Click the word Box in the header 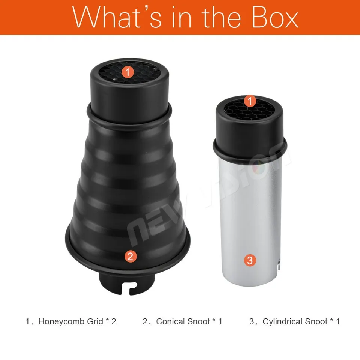pos(275,17)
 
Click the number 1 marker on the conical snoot pos(127,72)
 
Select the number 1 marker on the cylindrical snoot pos(250,101)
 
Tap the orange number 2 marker pos(130,256)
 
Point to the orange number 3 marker pos(250,260)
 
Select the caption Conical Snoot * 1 pos(189,321)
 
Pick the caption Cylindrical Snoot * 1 pos(301,321)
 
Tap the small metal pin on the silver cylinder pos(279,264)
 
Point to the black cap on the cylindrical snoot pos(250,129)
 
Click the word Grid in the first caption pos(95,321)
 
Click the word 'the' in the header pos(221,17)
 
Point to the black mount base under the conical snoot pos(127,282)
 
